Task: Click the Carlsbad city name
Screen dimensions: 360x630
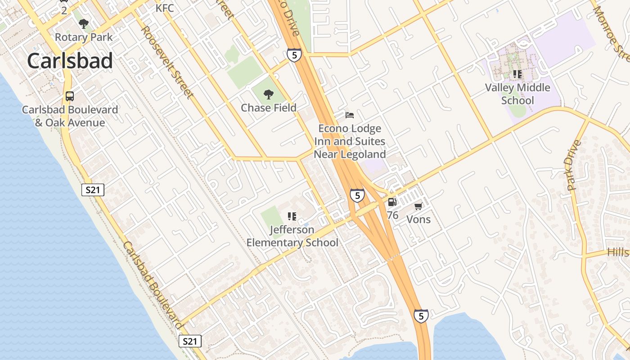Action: click(x=70, y=61)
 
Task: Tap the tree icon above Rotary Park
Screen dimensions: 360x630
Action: click(x=83, y=24)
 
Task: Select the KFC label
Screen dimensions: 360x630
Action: click(x=165, y=8)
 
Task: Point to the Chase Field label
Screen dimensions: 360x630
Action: click(x=269, y=108)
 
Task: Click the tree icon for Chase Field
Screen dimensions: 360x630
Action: click(x=269, y=94)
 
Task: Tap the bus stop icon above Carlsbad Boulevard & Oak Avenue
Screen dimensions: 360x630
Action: click(x=70, y=96)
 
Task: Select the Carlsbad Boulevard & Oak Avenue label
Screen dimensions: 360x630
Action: click(x=70, y=116)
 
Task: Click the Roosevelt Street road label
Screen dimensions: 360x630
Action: click(x=167, y=62)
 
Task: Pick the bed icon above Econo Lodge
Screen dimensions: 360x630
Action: click(x=350, y=115)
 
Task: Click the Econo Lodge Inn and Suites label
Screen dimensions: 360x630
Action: click(x=350, y=141)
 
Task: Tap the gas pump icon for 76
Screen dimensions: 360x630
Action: click(x=392, y=202)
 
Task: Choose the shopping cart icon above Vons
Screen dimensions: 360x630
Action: click(x=418, y=207)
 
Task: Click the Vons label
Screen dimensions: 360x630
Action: click(x=418, y=220)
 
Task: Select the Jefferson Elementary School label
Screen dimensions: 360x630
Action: click(x=292, y=236)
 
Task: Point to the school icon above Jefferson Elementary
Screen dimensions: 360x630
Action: click(x=292, y=216)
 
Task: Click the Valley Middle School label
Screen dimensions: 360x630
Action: click(x=517, y=94)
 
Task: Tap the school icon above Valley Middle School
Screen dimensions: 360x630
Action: click(x=517, y=74)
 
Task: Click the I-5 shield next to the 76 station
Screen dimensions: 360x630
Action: click(x=357, y=195)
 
